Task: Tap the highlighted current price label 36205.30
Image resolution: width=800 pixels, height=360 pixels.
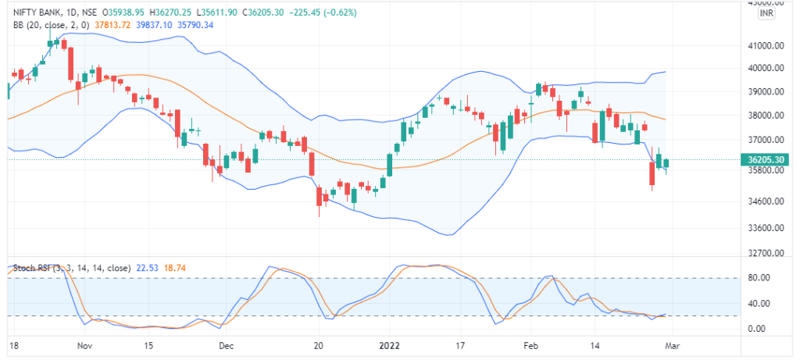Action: (766, 159)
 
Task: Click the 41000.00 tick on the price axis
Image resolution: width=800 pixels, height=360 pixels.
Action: (766, 46)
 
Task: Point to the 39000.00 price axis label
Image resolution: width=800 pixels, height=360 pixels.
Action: (766, 92)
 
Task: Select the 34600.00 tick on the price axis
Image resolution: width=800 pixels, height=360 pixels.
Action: (766, 201)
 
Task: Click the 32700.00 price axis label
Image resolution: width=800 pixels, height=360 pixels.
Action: (766, 253)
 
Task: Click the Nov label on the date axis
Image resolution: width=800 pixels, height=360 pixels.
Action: (85, 344)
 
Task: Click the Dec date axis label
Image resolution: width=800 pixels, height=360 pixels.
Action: (226, 344)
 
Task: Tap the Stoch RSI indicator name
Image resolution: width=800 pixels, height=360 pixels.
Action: (33, 267)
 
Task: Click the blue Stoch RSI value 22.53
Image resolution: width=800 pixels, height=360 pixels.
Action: (147, 267)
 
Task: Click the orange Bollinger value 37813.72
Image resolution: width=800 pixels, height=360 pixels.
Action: (112, 25)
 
